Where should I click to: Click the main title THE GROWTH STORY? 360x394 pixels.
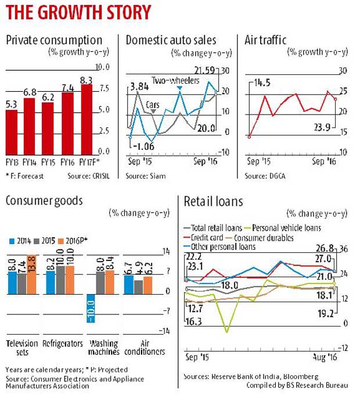pos(78,13)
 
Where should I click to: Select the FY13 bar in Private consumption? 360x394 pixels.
pos(12,130)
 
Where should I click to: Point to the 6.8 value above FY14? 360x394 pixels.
pos(30,92)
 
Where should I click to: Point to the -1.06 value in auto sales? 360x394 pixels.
pos(142,145)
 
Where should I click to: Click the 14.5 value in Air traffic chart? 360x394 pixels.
pos(262,83)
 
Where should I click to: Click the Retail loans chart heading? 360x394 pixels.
pos(214,202)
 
